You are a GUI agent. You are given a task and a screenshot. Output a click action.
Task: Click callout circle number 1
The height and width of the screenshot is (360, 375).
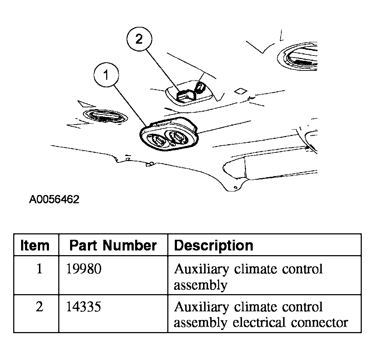pyautogui.click(x=106, y=75)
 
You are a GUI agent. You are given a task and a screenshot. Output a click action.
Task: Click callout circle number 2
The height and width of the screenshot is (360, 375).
pyautogui.click(x=139, y=39)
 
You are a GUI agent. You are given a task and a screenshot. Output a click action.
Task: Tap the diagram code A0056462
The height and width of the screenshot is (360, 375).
pyautogui.click(x=54, y=199)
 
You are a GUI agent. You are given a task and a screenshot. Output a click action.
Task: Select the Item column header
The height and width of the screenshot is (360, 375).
pyautogui.click(x=35, y=245)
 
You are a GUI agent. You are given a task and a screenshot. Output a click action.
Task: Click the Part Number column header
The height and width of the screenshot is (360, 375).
pyautogui.click(x=113, y=245)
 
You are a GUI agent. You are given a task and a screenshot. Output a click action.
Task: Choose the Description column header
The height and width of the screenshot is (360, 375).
pyautogui.click(x=213, y=245)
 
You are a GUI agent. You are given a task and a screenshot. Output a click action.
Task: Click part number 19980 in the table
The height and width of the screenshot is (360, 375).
pyautogui.click(x=84, y=269)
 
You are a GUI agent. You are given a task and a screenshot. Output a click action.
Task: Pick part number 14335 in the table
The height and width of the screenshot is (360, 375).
pyautogui.click(x=84, y=307)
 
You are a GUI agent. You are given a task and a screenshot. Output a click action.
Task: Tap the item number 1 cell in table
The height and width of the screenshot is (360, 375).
pyautogui.click(x=39, y=269)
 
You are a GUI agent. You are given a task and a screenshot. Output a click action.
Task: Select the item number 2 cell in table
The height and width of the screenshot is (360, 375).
pyautogui.click(x=39, y=307)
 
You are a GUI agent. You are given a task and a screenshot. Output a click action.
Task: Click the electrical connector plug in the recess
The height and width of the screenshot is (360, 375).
pyautogui.click(x=185, y=94)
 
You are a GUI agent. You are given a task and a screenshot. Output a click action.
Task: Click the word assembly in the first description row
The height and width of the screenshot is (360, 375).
pyautogui.click(x=200, y=285)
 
